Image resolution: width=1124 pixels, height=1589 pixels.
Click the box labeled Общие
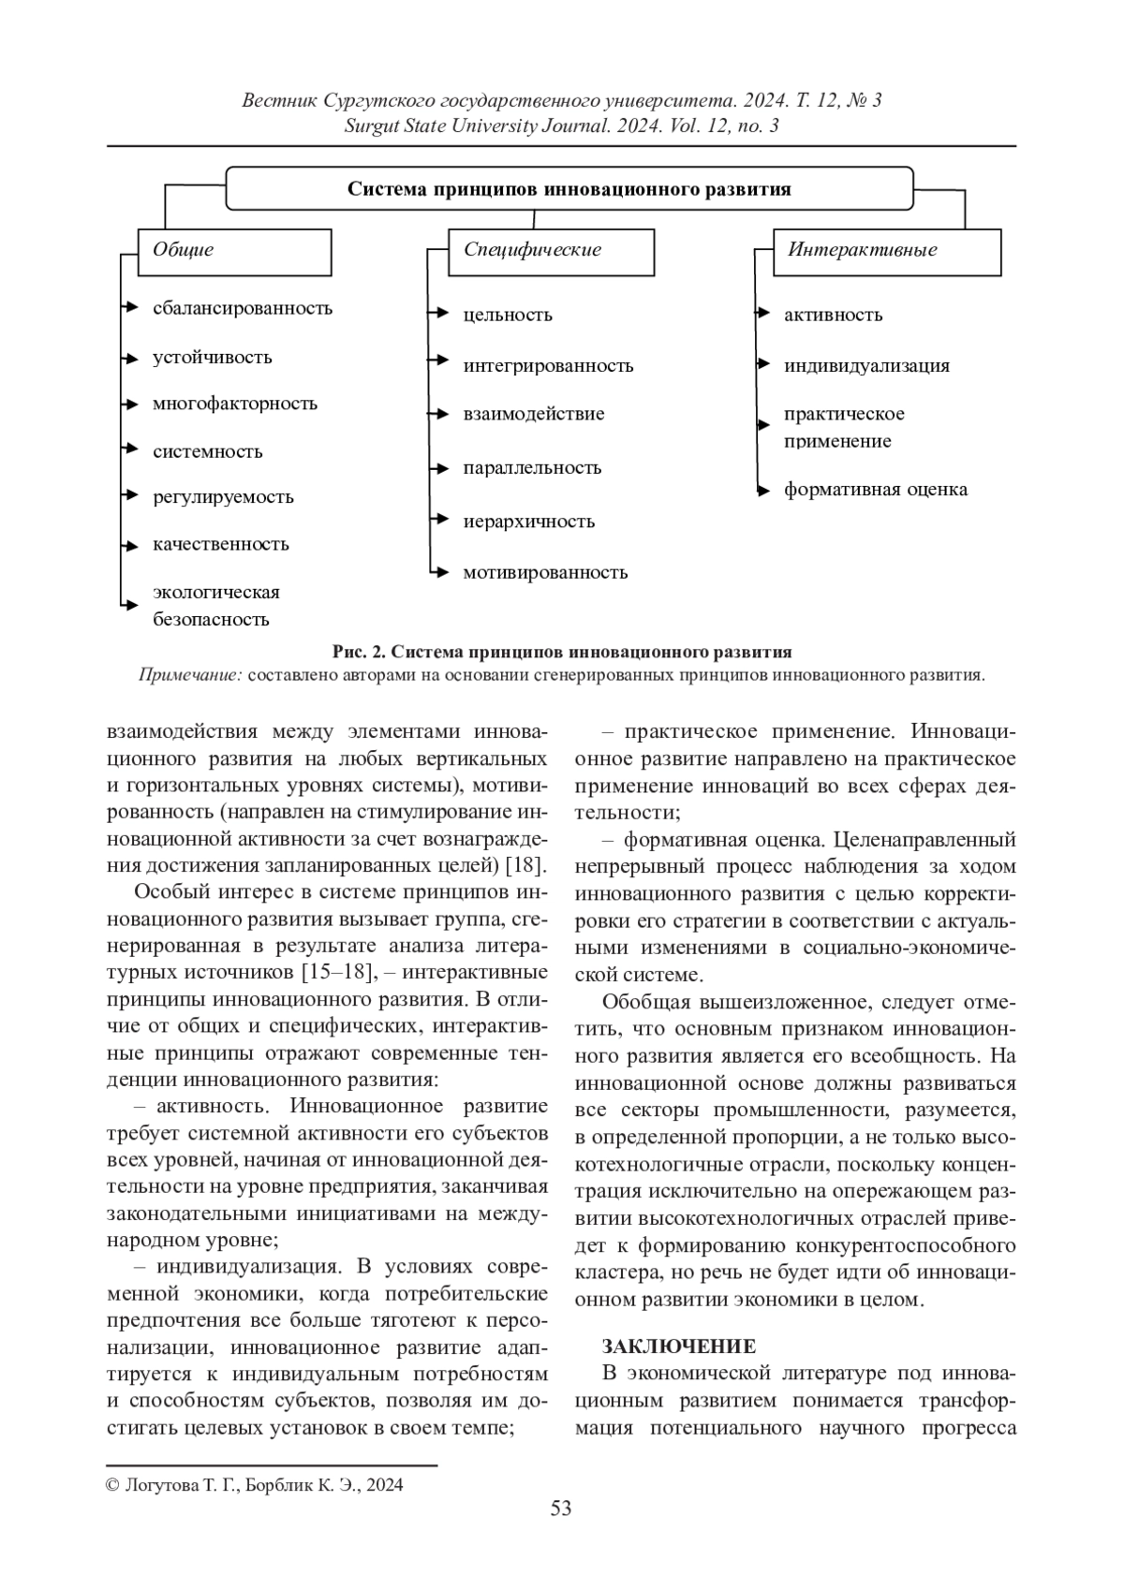[x=234, y=251]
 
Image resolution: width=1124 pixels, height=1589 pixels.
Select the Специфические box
[x=551, y=251]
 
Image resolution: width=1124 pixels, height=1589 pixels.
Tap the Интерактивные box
[x=886, y=251]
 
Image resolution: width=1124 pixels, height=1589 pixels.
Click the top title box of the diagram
[x=569, y=189]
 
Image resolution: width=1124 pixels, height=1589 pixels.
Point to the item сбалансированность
[x=243, y=308]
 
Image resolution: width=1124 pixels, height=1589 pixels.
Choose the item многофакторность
[x=235, y=404]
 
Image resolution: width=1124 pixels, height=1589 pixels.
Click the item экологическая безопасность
[x=216, y=606]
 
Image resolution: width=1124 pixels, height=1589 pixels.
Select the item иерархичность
[x=529, y=522]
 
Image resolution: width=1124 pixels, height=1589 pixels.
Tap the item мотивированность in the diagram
[x=545, y=572]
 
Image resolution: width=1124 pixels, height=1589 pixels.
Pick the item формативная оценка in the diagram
[x=876, y=490]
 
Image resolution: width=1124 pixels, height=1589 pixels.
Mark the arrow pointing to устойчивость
[x=130, y=357]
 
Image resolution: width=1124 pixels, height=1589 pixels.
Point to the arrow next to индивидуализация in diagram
[x=763, y=363]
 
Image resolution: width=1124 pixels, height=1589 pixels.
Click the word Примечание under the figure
[x=190, y=675]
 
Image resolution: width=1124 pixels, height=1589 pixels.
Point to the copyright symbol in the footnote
[x=112, y=1485]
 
